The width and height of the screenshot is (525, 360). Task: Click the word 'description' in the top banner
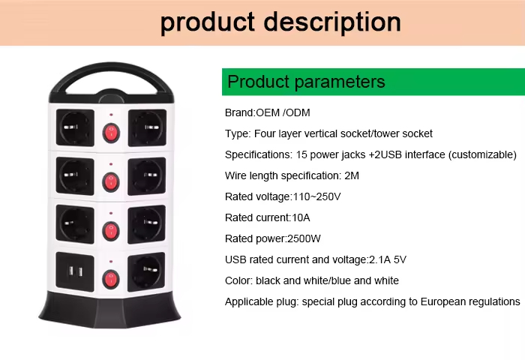[x=332, y=22]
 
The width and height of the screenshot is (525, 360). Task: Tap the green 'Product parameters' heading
[x=306, y=82]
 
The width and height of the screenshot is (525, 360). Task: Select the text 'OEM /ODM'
[x=283, y=112]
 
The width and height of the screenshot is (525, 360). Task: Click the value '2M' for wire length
[x=352, y=175]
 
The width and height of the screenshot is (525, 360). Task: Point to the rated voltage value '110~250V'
[x=316, y=197]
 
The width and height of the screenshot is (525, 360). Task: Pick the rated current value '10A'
[x=301, y=218]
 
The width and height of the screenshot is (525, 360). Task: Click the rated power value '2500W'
[x=304, y=238]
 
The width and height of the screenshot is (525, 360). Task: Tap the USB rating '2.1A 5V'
[x=388, y=259]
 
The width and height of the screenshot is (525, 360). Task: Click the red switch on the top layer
[x=111, y=133]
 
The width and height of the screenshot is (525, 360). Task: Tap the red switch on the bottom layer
[x=110, y=280]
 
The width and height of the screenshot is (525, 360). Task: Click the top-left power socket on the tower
[x=75, y=127]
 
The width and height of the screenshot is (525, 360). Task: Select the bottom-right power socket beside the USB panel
[x=146, y=271]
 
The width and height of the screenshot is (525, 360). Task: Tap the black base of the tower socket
[x=109, y=310]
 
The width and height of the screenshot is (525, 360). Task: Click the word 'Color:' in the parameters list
[x=239, y=280]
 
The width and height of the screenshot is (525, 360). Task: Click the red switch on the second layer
[x=111, y=182]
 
